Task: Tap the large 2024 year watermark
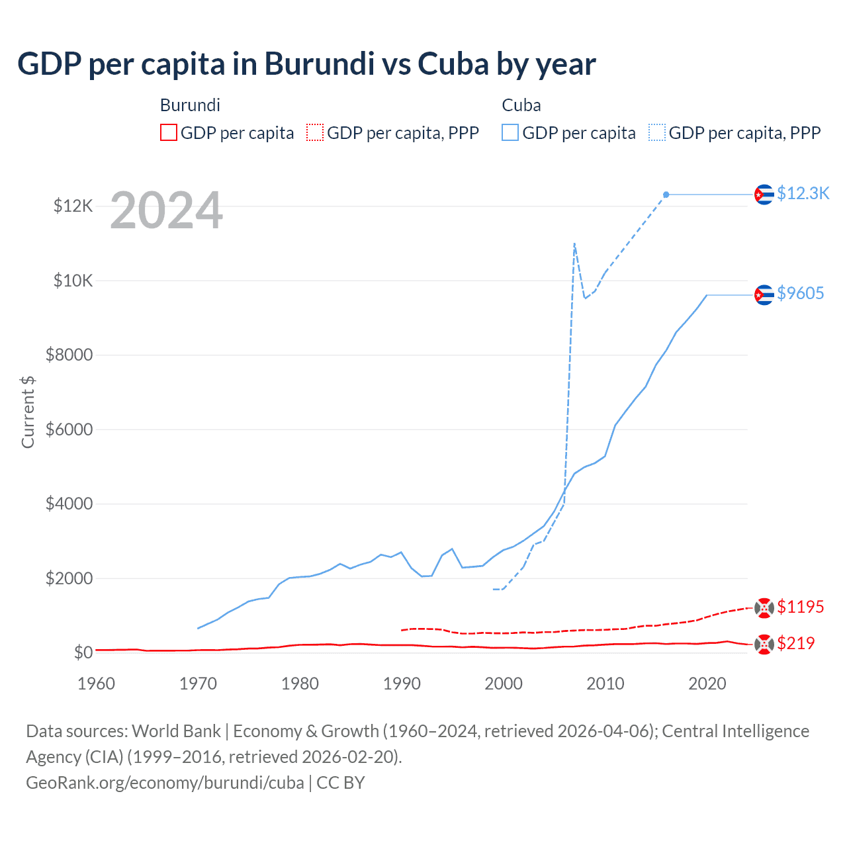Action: (166, 211)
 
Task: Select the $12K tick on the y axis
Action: (73, 206)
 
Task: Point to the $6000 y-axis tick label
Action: (69, 429)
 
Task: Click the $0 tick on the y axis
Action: (83, 652)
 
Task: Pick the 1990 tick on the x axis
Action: (402, 684)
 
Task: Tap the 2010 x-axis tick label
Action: (605, 684)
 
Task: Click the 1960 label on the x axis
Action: (97, 684)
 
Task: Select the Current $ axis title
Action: (28, 412)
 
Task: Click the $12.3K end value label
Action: (803, 193)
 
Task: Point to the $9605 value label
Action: (800, 293)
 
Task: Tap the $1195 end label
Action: (800, 607)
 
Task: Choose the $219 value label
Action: (795, 643)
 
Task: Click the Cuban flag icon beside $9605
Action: (764, 294)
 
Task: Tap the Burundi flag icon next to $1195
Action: (764, 607)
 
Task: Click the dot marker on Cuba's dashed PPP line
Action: (666, 195)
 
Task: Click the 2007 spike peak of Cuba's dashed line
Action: (574, 244)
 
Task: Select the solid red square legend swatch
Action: (169, 133)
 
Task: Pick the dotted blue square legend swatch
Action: (657, 133)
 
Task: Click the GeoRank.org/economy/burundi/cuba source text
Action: (165, 783)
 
